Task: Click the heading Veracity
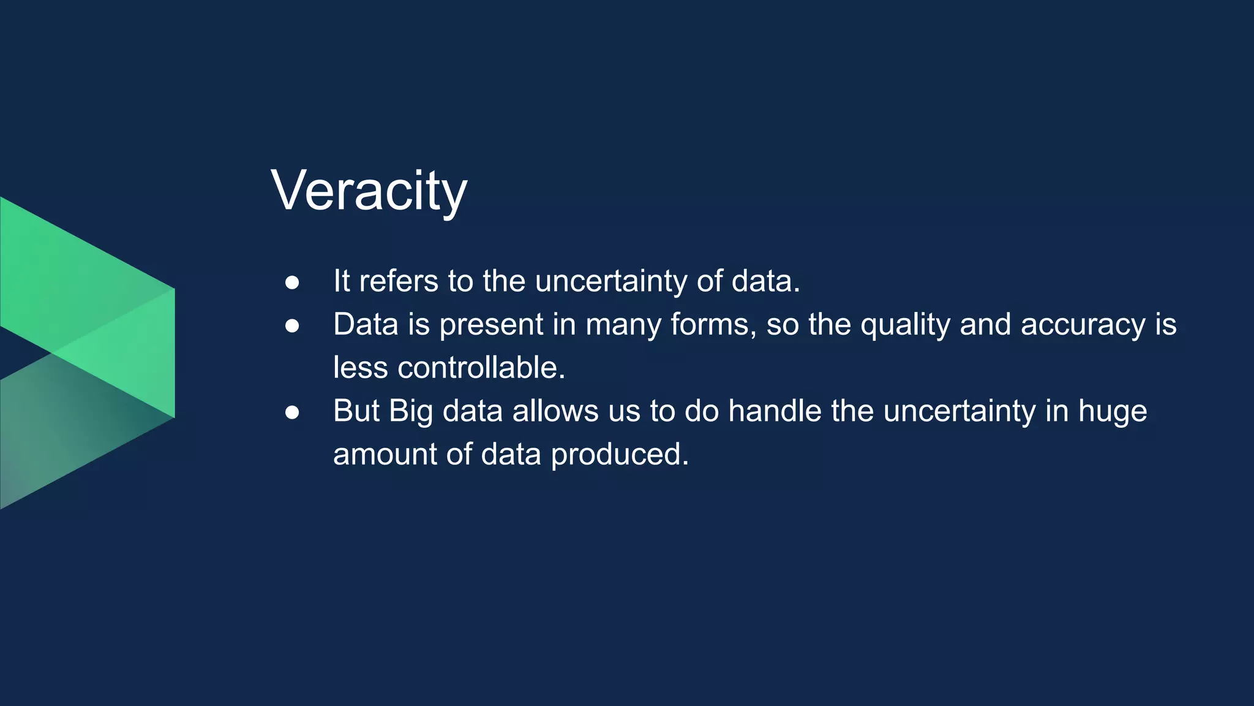[x=369, y=191]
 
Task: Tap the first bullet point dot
[x=292, y=283]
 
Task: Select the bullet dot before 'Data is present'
[x=292, y=326]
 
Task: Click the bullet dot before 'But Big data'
[x=292, y=412]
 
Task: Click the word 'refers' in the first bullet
[x=399, y=281]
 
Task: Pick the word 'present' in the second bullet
[x=491, y=325]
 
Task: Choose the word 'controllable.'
[x=481, y=368]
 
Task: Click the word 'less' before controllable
[x=361, y=368]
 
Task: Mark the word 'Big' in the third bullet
[x=411, y=411]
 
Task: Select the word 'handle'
[x=775, y=411]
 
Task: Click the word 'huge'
[x=1113, y=411]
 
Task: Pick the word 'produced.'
[x=620, y=455]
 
